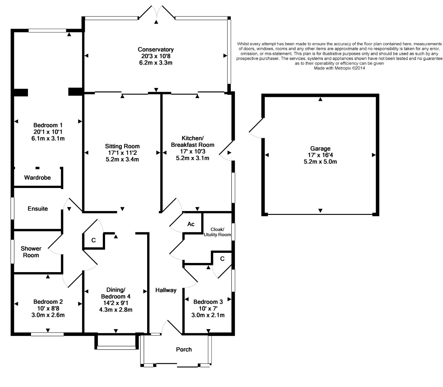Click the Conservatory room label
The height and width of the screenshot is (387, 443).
(x=156, y=50)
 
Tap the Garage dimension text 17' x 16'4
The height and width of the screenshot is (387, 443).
(x=320, y=155)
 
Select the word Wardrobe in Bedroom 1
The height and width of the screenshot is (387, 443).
(x=37, y=178)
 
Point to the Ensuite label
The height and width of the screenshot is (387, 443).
(x=38, y=209)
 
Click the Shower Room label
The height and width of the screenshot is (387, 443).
(x=31, y=252)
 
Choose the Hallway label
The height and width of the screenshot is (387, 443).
(x=166, y=290)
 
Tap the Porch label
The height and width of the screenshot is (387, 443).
(x=184, y=350)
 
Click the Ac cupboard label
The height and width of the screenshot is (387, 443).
(x=191, y=224)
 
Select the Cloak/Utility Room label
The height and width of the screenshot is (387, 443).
(x=217, y=232)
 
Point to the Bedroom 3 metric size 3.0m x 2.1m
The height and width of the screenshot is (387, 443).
(x=208, y=315)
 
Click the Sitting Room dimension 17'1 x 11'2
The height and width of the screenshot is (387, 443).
(x=122, y=153)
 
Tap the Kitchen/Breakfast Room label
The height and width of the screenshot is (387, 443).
(x=192, y=141)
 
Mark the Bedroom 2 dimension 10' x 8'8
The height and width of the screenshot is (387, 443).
(x=48, y=308)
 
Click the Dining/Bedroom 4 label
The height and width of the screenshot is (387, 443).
(x=115, y=293)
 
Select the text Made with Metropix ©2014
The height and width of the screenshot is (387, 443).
(x=339, y=68)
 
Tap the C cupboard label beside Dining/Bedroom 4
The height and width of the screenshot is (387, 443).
(x=94, y=240)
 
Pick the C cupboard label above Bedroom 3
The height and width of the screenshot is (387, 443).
(x=222, y=259)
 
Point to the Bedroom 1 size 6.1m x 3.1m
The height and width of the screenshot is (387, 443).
(x=48, y=138)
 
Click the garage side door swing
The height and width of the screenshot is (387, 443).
(x=256, y=128)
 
